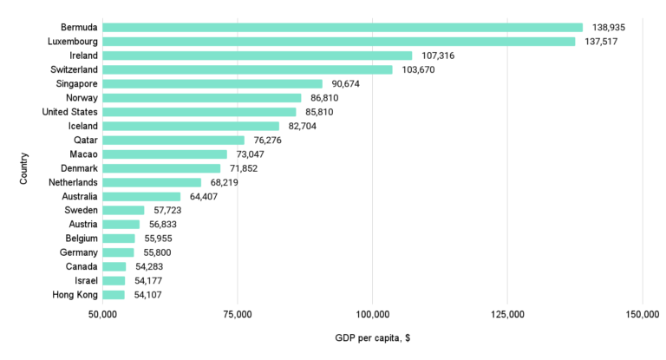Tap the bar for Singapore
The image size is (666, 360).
212,83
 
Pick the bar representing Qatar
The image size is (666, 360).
173,140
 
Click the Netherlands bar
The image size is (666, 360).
152,182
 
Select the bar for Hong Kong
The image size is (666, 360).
114,295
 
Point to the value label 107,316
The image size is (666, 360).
441,56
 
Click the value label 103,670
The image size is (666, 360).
421,69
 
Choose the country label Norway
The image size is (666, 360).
81,98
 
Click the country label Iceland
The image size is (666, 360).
83,126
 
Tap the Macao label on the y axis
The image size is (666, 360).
83,154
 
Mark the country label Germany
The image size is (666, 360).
79,252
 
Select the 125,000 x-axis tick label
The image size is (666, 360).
507,313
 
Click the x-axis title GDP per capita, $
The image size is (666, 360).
372,337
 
